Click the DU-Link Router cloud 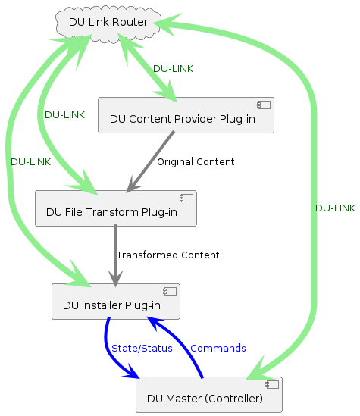(108, 22)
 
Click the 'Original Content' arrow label (196, 162)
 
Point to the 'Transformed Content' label (167, 255)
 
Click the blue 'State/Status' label (142, 349)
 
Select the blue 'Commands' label (218, 349)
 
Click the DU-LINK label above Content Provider (173, 69)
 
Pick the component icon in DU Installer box (171, 291)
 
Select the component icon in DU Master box (274, 384)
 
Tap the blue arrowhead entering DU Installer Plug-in (152, 324)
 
